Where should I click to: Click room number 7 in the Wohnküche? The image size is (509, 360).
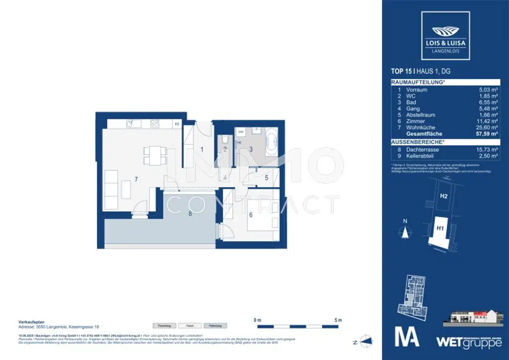[135, 178]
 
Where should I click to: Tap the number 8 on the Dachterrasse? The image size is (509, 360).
[190, 214]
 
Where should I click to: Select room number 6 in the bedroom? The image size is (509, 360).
[251, 215]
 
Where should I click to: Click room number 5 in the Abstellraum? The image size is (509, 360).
[266, 177]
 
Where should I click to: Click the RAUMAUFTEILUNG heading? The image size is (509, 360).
[418, 82]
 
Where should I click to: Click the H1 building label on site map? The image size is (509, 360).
[440, 229]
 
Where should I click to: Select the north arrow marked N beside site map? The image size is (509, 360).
[406, 230]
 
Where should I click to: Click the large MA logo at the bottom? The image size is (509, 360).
[407, 336]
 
